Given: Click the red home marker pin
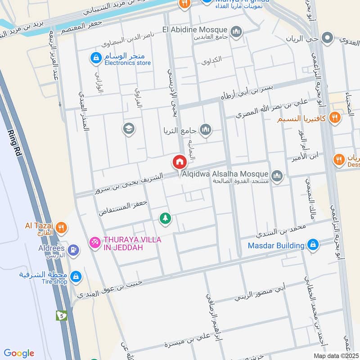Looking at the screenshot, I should pyautogui.click(x=179, y=161).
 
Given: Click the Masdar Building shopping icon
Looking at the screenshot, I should pyautogui.click(x=313, y=245).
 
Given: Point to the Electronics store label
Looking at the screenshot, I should pyautogui.click(x=128, y=63).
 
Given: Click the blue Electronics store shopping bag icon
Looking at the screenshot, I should pyautogui.click(x=95, y=58).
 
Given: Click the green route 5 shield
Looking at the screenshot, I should pyautogui.click(x=60, y=315).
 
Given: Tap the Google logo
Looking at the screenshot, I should pyautogui.click(x=19, y=353).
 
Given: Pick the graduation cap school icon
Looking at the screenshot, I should pyautogui.click(x=129, y=129).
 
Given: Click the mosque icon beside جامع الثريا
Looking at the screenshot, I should pyautogui.click(x=206, y=130).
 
